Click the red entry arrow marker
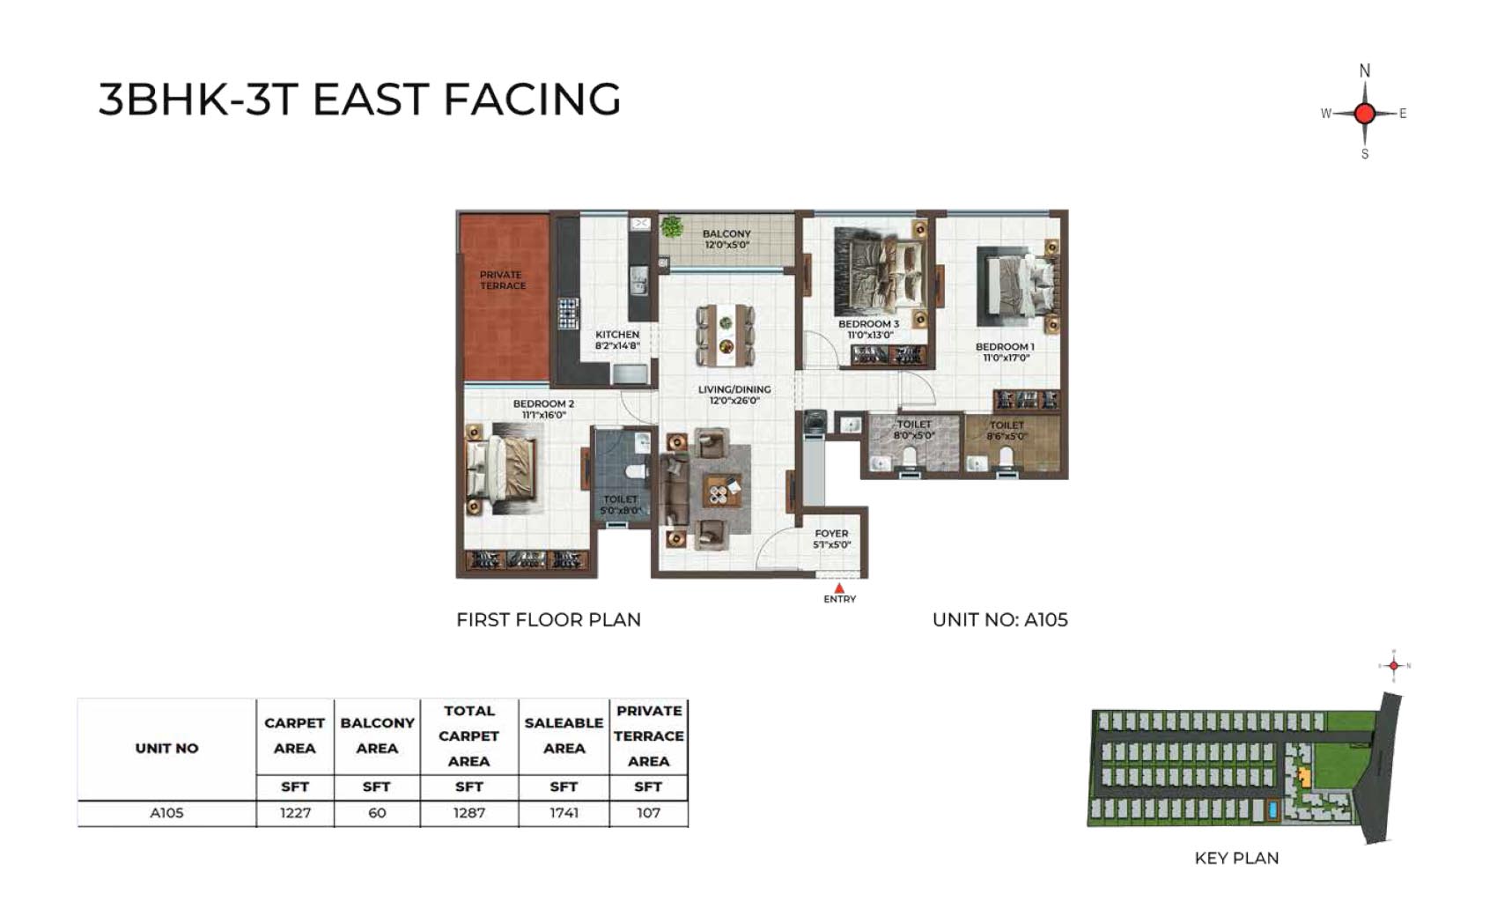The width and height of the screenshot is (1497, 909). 839,588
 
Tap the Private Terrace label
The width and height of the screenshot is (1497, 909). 503,280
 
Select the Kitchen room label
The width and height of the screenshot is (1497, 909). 617,339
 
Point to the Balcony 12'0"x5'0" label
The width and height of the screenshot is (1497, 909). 726,240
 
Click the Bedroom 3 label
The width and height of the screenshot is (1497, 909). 869,329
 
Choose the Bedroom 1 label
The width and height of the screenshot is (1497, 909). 1005,352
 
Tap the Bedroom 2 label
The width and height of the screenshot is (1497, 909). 543,409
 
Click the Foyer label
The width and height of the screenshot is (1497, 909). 831,539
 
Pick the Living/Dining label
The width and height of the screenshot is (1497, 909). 734,395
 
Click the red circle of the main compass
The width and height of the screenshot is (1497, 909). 1365,114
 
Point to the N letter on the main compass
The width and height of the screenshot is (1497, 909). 1365,70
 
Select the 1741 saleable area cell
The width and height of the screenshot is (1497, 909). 564,813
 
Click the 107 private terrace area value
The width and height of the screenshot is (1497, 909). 648,813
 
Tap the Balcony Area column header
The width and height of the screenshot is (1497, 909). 377,735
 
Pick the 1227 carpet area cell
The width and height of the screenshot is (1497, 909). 295,813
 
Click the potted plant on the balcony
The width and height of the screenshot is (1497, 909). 672,227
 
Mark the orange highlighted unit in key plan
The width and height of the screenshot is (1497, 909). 1303,778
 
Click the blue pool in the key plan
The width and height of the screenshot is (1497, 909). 1272,810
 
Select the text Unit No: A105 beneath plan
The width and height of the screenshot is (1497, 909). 999,620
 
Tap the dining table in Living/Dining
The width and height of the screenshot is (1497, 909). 726,336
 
